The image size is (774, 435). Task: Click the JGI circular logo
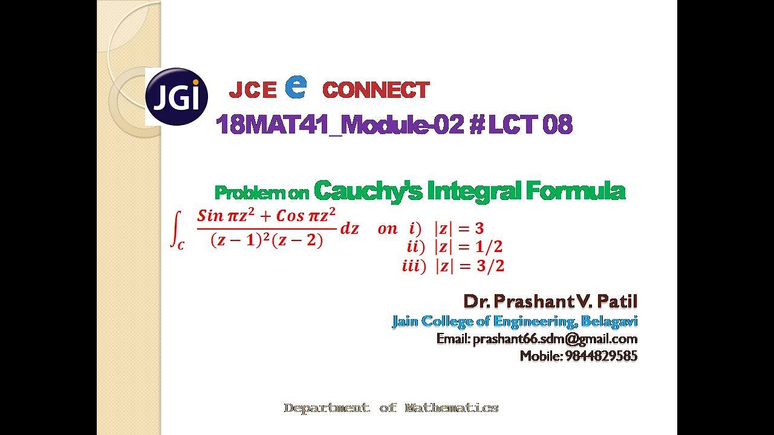(177, 97)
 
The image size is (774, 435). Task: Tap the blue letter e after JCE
(295, 87)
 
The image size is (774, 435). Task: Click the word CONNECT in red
(376, 91)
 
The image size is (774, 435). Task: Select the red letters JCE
(252, 91)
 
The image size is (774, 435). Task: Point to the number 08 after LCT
(557, 125)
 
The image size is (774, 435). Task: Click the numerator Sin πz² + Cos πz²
(266, 215)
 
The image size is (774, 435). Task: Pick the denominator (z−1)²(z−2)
(267, 240)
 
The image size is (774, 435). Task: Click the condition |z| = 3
(459, 228)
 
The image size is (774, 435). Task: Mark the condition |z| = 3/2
(469, 266)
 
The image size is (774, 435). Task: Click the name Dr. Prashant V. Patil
(550, 301)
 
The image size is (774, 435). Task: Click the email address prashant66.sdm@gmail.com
(555, 339)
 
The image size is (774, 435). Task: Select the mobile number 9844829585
(601, 356)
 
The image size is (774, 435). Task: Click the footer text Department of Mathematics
(391, 408)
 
